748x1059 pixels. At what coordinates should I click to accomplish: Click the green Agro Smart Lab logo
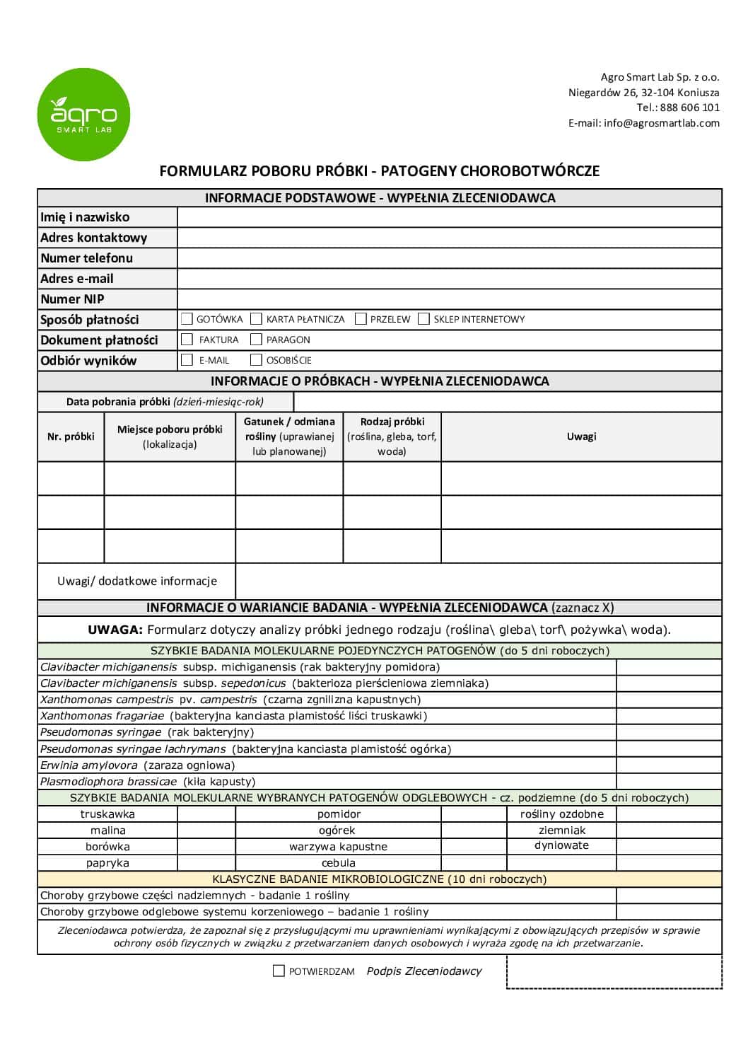(x=83, y=115)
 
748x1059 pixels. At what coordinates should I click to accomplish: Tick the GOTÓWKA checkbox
(x=187, y=319)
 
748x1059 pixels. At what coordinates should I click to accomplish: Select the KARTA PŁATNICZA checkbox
(x=257, y=319)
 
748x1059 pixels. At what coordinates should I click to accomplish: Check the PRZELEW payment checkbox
(x=361, y=319)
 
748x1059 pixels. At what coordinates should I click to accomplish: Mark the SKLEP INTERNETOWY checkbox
(x=423, y=319)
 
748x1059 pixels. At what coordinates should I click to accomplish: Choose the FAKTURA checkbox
(x=187, y=340)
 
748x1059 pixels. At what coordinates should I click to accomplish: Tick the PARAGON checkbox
(x=257, y=340)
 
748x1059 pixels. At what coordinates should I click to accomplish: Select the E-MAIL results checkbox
(x=187, y=360)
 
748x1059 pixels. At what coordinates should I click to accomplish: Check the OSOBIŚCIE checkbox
(x=257, y=360)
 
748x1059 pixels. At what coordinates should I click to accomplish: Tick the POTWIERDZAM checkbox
(x=279, y=971)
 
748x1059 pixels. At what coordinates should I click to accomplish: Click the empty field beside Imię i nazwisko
(x=449, y=217)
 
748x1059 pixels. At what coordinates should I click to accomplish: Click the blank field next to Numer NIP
(x=449, y=299)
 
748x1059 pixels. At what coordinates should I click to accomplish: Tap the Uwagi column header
(x=581, y=436)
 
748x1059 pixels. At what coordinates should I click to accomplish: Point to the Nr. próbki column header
(x=71, y=436)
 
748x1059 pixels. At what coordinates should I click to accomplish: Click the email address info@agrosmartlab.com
(x=661, y=123)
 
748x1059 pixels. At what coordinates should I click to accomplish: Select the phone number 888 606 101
(x=689, y=108)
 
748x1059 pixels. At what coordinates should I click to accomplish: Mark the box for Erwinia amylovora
(x=668, y=765)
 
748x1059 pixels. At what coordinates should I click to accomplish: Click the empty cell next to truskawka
(x=206, y=814)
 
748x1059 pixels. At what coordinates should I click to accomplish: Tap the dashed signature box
(x=614, y=972)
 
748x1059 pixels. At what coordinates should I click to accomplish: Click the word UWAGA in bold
(x=115, y=630)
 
